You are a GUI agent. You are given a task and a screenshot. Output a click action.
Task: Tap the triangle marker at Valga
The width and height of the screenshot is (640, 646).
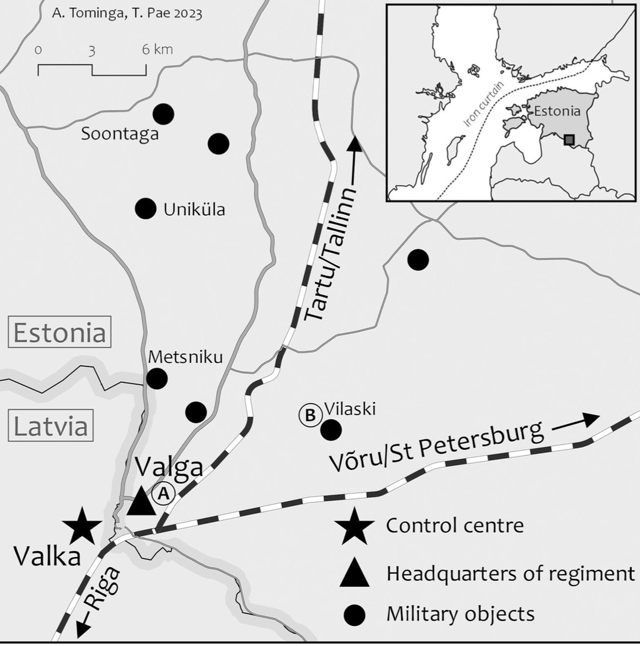tap(141, 502)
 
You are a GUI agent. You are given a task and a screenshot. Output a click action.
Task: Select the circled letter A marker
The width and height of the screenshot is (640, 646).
tap(164, 493)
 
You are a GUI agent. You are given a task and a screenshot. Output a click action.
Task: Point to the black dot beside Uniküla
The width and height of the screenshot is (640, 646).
tap(145, 209)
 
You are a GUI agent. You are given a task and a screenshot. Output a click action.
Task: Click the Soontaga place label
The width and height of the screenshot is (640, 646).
tap(120, 134)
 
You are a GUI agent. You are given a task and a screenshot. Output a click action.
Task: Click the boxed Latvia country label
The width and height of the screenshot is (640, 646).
tap(51, 427)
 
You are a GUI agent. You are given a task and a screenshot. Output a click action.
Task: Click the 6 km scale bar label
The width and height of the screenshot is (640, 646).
tap(157, 49)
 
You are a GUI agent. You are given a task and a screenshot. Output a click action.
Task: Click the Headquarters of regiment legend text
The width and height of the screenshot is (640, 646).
tap(510, 574)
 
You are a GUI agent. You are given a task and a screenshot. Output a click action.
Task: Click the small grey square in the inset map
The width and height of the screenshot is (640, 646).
tap(569, 140)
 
